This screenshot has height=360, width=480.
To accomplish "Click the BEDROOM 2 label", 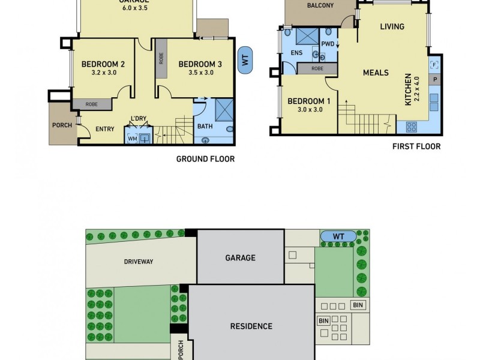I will [103, 64].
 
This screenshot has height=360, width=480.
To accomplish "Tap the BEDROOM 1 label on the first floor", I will [306, 101].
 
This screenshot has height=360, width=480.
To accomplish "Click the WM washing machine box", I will [132, 139].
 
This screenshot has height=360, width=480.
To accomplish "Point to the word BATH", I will [205, 127].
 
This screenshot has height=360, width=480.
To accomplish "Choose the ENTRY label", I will [105, 128].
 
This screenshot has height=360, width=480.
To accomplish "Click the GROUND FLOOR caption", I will [205, 159].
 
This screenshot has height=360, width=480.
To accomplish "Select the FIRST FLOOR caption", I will [416, 146].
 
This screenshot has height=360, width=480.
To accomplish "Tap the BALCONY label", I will [320, 6].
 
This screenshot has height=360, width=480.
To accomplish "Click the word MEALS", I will [376, 73].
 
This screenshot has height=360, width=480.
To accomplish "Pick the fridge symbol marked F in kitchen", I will [434, 65].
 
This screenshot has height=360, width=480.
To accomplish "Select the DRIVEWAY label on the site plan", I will [139, 262].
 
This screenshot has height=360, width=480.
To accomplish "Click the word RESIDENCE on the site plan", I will [251, 326].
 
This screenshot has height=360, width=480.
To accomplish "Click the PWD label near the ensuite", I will [328, 44].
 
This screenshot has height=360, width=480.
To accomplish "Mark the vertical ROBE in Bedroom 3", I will [161, 58].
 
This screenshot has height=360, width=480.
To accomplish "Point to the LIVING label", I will [392, 26].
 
